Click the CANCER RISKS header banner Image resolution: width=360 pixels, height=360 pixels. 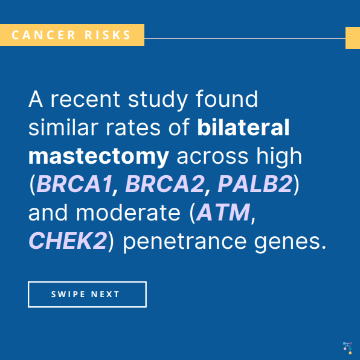tap(72, 35)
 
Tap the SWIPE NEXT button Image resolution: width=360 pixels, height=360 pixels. tap(87, 294)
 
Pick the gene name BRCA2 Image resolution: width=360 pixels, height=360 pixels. tap(165, 184)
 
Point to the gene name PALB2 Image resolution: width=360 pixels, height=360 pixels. tap(255, 184)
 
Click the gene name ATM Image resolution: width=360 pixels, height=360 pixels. tap(223, 213)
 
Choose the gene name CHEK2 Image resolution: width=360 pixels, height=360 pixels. tap(68, 241)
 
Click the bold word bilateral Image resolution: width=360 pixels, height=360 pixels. tap(243, 127)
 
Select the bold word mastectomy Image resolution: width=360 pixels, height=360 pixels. tap(98, 156)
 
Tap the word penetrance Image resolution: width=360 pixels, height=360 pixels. tap(185, 242)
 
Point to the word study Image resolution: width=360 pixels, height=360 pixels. tap(158, 100)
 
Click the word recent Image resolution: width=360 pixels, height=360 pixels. tap(85, 100)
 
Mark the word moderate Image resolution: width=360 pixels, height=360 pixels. tap(128, 213)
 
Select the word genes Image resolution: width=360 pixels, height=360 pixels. tap(290, 243)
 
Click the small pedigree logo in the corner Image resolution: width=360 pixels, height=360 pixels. tap(347, 348)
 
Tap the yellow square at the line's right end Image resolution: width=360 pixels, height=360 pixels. tap(353, 38)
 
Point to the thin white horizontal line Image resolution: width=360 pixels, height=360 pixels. tap(245, 38)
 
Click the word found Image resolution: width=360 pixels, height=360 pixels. tap(227, 98)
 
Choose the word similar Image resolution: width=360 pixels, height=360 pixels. tap(63, 127)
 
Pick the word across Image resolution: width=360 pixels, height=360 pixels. tap(213, 157)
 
